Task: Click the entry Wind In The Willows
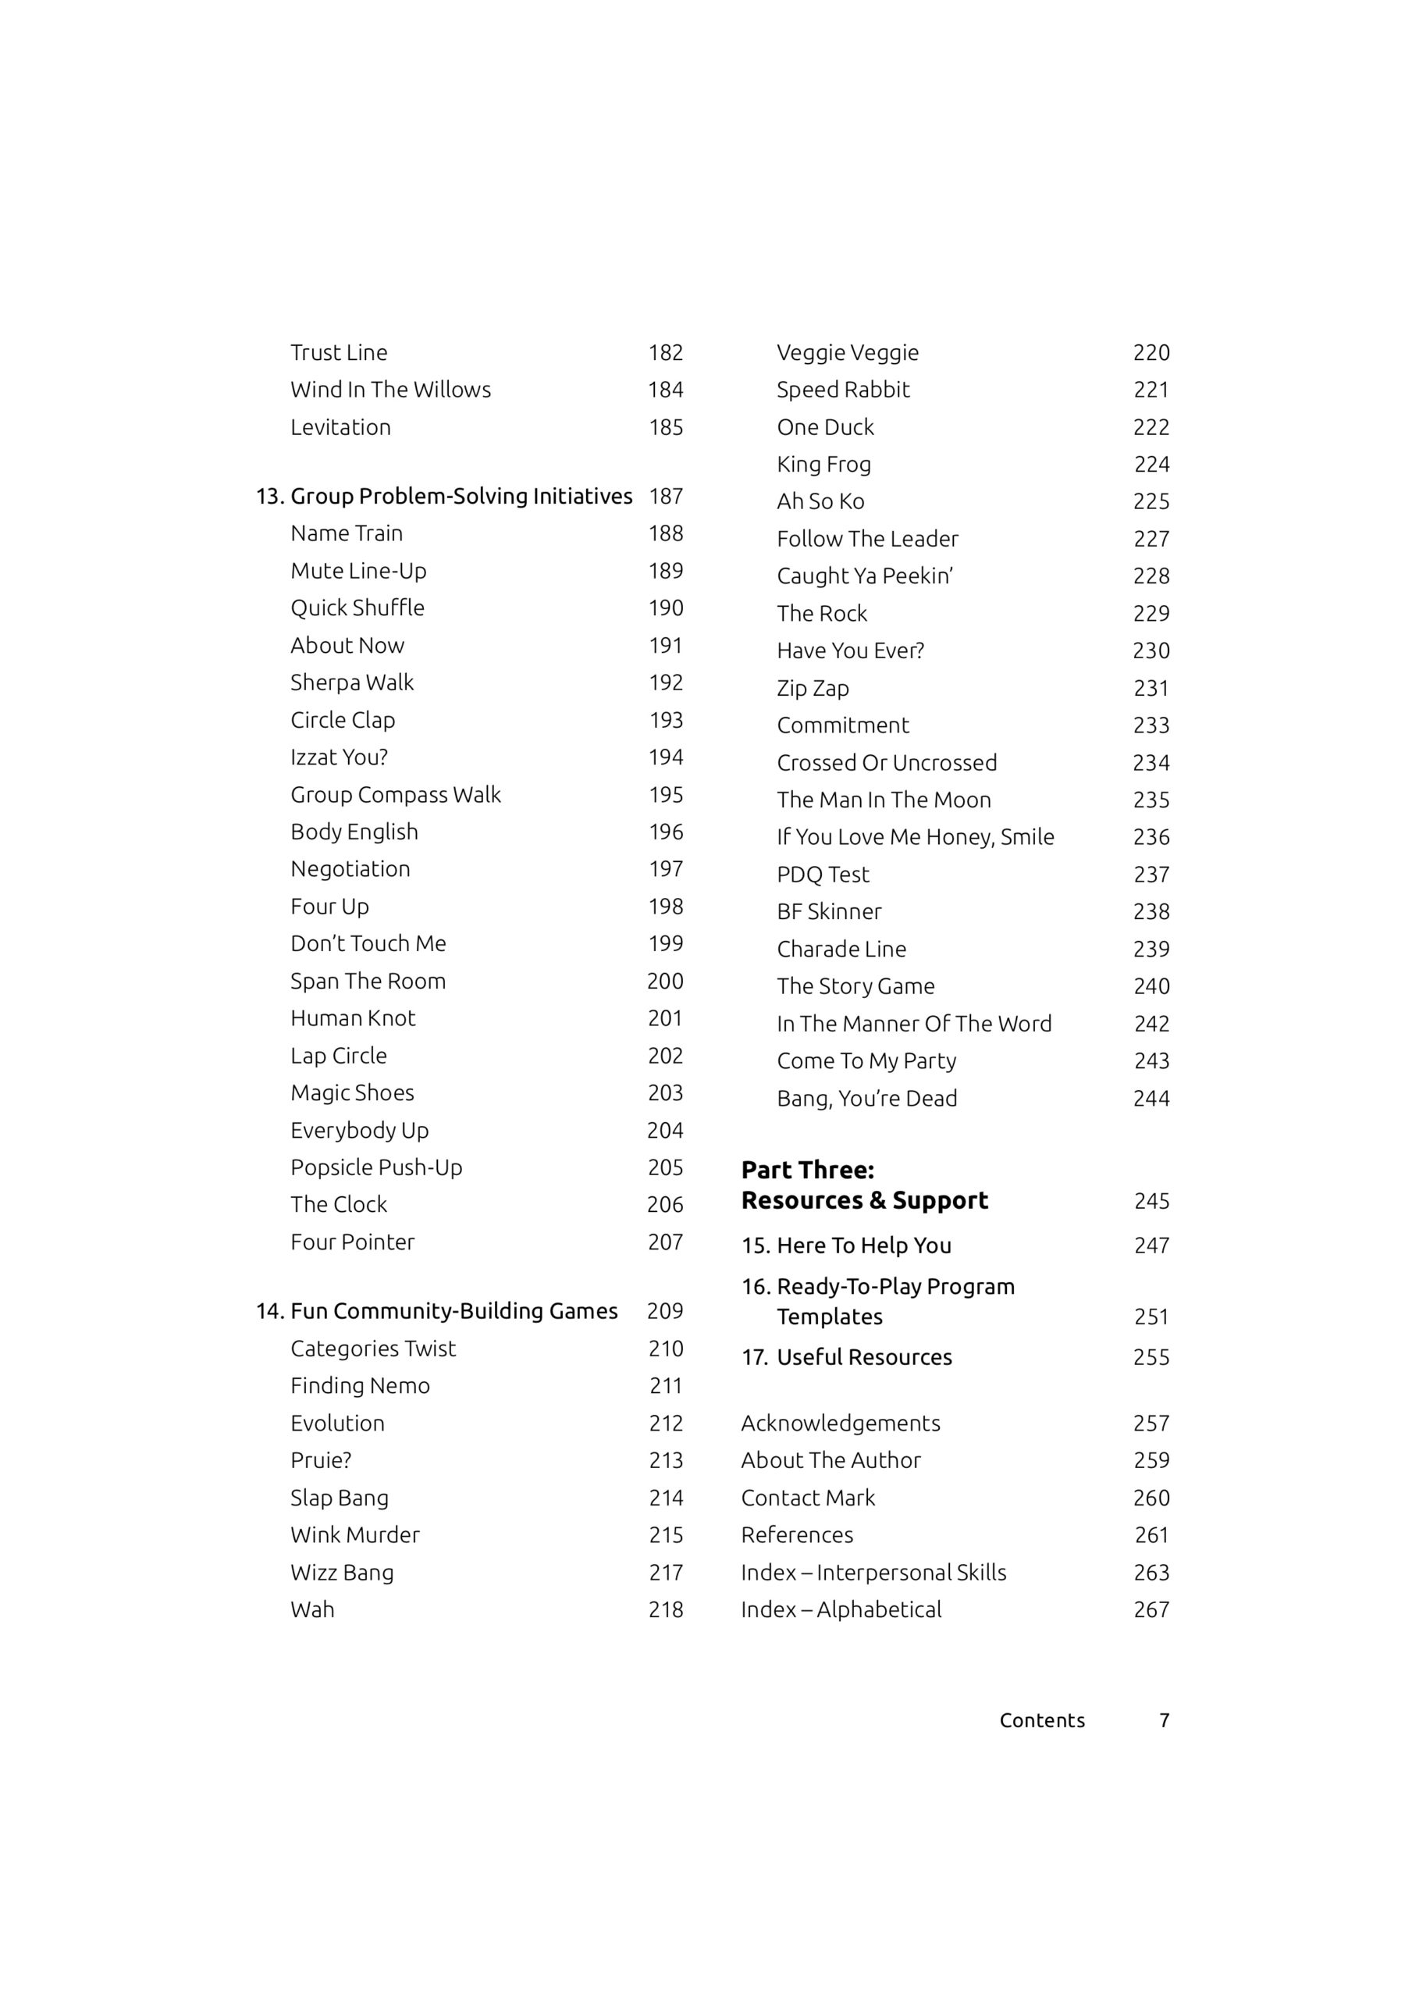pos(390,390)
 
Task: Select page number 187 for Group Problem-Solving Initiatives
pos(666,497)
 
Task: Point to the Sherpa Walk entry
pos(352,682)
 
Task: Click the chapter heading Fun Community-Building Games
pos(453,1310)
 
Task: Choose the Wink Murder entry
pos(354,1534)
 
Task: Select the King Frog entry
pos(823,464)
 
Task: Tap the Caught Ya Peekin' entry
pos(864,575)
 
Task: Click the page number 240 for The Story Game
pos(1151,985)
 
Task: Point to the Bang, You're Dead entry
pos(866,1098)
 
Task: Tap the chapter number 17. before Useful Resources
pos(755,1356)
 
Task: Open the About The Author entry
pos(830,1460)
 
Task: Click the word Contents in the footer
pos(1042,1719)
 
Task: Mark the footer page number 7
pos(1164,1719)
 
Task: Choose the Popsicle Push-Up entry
pos(376,1167)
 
